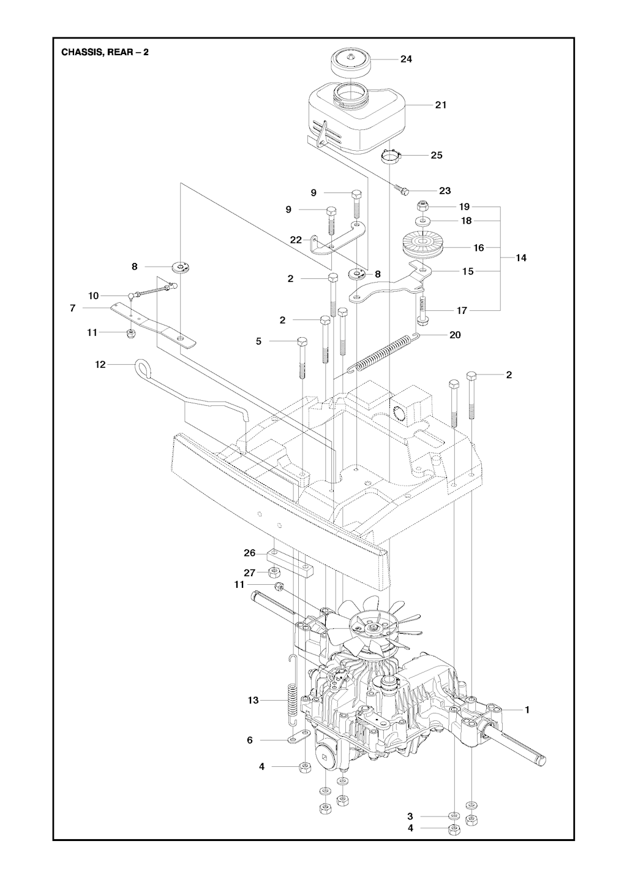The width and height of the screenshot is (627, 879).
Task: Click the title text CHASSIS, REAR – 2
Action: [x=105, y=52]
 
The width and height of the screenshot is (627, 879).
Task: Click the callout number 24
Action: [x=406, y=59]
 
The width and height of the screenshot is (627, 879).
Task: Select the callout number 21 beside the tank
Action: [x=440, y=105]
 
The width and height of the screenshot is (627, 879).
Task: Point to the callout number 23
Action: [x=445, y=191]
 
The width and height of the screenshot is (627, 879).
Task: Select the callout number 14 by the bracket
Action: [x=521, y=258]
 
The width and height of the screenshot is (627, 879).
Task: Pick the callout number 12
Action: [x=100, y=365]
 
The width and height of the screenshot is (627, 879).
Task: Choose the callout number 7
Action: [x=73, y=308]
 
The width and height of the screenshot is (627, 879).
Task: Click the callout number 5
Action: [x=258, y=341]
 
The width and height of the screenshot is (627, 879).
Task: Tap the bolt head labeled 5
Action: [x=301, y=341]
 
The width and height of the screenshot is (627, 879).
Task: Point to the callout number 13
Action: [x=253, y=700]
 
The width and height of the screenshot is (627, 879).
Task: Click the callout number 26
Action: [x=249, y=553]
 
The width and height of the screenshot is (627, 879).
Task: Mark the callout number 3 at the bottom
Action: [x=410, y=816]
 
